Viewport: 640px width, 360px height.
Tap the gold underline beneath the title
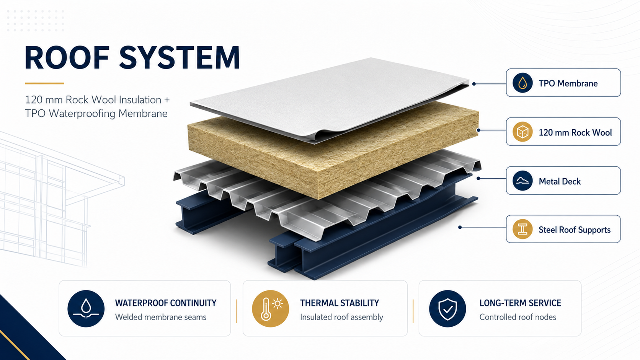tap(44, 83)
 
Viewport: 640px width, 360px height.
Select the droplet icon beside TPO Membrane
tap(522, 83)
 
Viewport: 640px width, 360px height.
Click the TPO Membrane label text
tap(568, 83)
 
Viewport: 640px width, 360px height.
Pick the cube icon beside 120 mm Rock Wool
tap(522, 132)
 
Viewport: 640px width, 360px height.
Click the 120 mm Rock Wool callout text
tap(575, 132)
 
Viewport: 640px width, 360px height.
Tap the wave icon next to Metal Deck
tap(522, 181)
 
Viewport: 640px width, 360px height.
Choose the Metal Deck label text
tap(560, 181)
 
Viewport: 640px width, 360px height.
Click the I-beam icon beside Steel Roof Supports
tap(522, 229)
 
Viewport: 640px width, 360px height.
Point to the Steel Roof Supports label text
tap(575, 230)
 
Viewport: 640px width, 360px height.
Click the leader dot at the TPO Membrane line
tap(474, 84)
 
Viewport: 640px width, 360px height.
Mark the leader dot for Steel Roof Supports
tap(460, 227)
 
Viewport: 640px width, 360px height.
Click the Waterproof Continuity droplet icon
tap(86, 309)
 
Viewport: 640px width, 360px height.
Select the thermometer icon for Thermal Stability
tap(270, 309)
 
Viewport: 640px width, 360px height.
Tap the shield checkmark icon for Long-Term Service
tap(447, 309)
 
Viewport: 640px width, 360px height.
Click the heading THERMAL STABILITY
tap(340, 303)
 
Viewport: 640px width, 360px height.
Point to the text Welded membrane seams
tap(160, 317)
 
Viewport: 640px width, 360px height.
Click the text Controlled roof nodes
tap(518, 317)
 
